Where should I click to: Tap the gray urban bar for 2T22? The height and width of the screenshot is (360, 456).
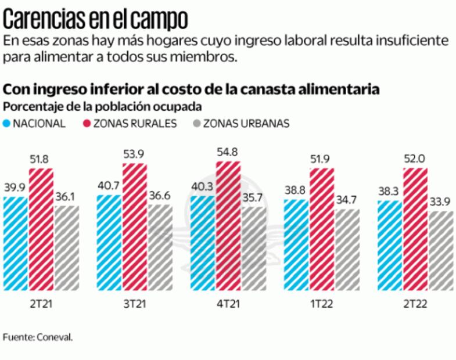pos(441,250)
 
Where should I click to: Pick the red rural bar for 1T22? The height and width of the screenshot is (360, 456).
pos(322,229)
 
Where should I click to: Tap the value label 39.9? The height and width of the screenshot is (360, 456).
pos(16,189)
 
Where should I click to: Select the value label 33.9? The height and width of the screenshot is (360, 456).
pos(441,203)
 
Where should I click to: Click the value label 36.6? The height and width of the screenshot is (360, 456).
pos(159,196)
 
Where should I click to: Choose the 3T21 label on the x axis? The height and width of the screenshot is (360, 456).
pos(134,303)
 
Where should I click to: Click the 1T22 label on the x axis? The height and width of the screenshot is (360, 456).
pos(321,303)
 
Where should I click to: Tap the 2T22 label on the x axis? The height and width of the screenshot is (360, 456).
pos(415,303)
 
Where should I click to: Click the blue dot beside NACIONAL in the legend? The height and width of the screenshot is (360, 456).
pos(7,123)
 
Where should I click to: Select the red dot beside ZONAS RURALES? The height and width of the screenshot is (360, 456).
pos(87,123)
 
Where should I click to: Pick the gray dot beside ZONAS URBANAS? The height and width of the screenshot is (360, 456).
pos(196,123)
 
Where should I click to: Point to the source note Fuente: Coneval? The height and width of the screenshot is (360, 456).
pos(38,337)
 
